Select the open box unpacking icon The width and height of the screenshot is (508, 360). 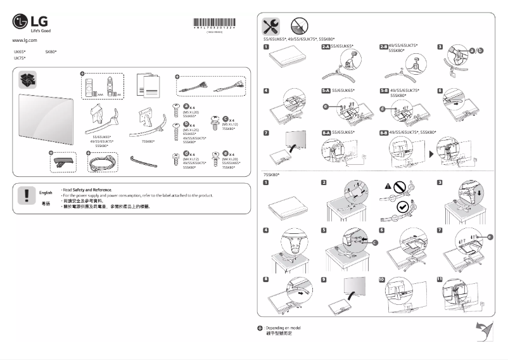click(x=29, y=79)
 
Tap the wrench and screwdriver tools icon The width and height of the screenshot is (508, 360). click(x=270, y=26)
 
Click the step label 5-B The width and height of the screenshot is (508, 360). click(x=383, y=91)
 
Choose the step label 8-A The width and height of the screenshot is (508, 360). click(x=327, y=133)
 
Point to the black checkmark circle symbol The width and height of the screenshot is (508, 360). click(x=402, y=206)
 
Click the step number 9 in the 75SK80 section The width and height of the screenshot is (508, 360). click(x=324, y=279)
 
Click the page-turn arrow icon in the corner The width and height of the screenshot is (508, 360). click(x=485, y=331)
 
